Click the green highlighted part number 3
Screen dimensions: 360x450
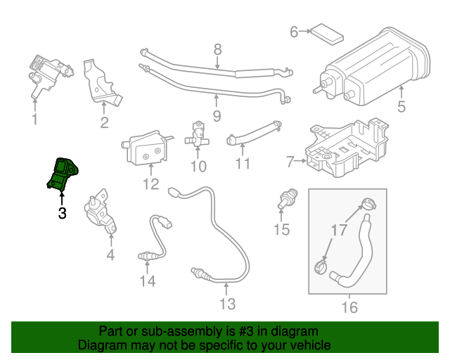[63, 174]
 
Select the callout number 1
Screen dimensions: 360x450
[34, 120]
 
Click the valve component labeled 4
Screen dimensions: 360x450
[100, 213]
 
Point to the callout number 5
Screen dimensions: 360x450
[401, 108]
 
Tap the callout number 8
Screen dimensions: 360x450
[217, 49]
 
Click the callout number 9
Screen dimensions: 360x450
[217, 115]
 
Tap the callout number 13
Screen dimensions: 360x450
[227, 304]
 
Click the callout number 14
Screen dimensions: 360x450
[147, 281]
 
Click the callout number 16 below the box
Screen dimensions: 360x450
[349, 307]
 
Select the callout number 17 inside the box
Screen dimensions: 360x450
[339, 229]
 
